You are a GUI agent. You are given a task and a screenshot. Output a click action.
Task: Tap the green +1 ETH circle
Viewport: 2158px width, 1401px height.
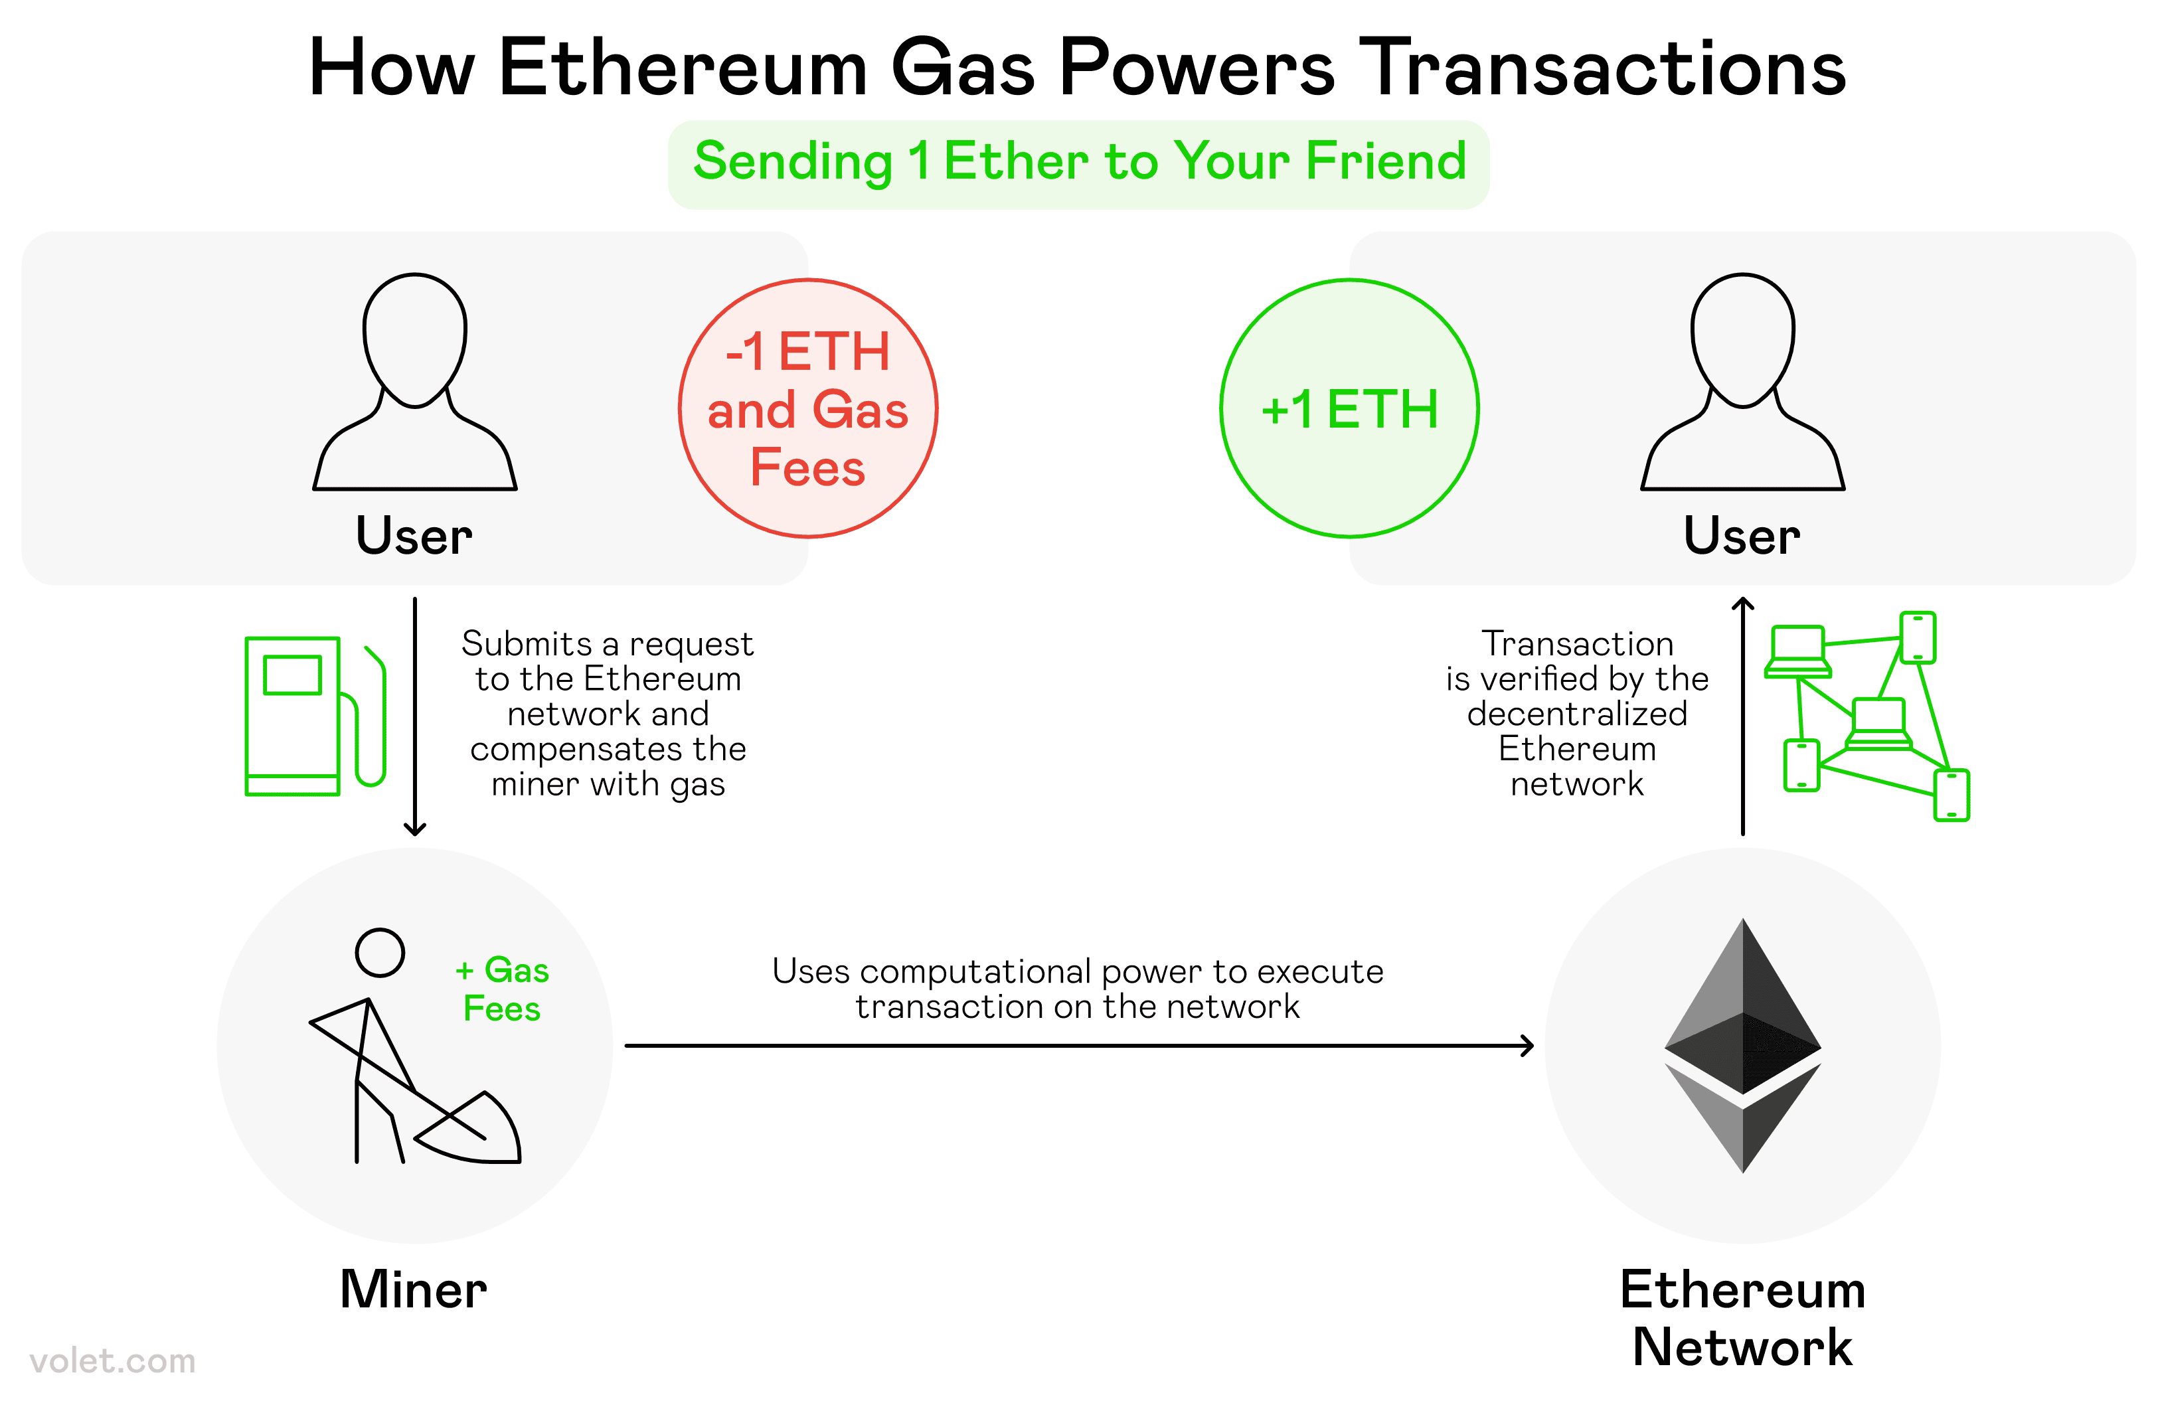[1349, 408]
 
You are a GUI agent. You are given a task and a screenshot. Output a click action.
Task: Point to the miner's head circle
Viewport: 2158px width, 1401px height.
[379, 952]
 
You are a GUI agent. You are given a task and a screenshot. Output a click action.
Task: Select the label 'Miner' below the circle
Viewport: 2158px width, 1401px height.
[414, 1289]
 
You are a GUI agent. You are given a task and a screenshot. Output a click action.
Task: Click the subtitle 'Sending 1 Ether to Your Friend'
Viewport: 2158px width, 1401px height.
[1078, 161]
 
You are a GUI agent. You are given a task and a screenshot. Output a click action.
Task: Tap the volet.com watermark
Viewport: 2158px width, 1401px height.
[112, 1360]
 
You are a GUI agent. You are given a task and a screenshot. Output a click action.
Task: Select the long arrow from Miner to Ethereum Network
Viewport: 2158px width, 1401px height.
[1079, 1046]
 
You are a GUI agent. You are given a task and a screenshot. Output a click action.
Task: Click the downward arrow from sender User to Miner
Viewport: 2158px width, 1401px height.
[414, 716]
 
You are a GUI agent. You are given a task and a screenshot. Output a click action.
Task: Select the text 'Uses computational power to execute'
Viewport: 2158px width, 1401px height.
[1077, 971]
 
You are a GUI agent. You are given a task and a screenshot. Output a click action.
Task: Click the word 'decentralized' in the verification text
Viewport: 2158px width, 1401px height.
[1577, 714]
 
